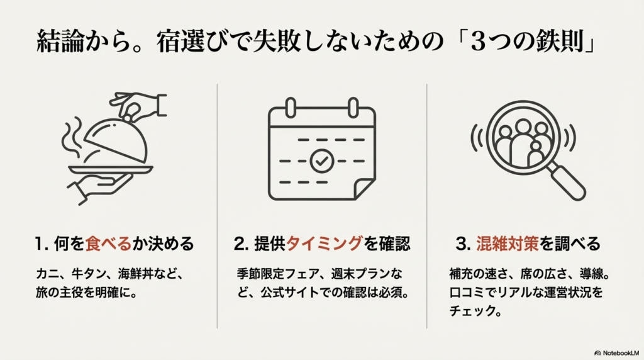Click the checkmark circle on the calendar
[x=321, y=161]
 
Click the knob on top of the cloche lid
[x=129, y=116]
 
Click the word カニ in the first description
[x=48, y=274]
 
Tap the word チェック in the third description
[x=468, y=311]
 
